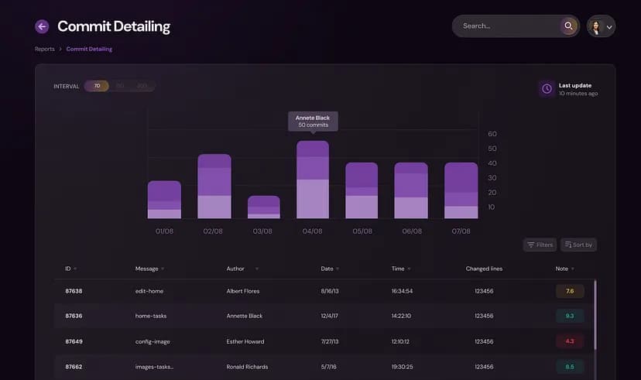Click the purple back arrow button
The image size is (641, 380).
coord(42,26)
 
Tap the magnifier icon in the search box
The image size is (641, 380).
coord(569,26)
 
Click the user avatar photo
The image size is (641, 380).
coord(596,26)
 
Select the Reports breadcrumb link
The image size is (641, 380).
coord(45,49)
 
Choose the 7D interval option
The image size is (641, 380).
coord(97,86)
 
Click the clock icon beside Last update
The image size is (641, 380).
coord(547,89)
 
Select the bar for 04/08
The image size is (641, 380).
coord(313,180)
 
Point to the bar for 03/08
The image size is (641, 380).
coord(263,207)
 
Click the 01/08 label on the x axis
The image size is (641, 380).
coord(163,231)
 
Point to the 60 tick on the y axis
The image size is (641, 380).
coord(492,134)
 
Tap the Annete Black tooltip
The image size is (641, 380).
coord(313,122)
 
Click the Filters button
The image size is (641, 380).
coord(540,245)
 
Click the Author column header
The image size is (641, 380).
coord(235,269)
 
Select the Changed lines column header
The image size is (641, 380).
coord(484,269)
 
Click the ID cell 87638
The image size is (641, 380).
coord(74,291)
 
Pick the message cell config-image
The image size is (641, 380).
coord(153,341)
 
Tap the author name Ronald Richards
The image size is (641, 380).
coord(246,366)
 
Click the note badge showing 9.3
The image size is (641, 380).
coord(570,316)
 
